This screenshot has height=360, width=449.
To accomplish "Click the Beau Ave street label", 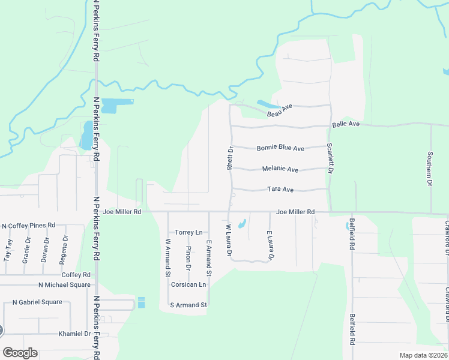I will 279,110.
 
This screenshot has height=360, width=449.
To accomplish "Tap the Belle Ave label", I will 345,124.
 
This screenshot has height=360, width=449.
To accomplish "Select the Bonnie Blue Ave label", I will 280,148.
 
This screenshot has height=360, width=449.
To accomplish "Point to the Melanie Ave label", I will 280,170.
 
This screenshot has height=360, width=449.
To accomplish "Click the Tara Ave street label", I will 280,190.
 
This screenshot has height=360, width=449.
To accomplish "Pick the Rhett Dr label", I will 229,158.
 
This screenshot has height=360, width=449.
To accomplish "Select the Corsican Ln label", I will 188,284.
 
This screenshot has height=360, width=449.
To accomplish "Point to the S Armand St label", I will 188,305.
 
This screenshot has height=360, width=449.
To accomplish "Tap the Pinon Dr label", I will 188,257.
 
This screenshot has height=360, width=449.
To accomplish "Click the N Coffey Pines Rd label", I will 28,226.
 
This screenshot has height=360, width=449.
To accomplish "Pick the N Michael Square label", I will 64,284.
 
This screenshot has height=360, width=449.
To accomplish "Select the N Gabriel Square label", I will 32,302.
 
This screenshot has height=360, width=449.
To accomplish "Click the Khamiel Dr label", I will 74,334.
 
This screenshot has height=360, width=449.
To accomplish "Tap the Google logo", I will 20,353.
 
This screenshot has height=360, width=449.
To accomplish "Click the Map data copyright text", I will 423,355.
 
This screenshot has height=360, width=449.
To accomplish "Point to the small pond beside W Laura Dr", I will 241,225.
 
